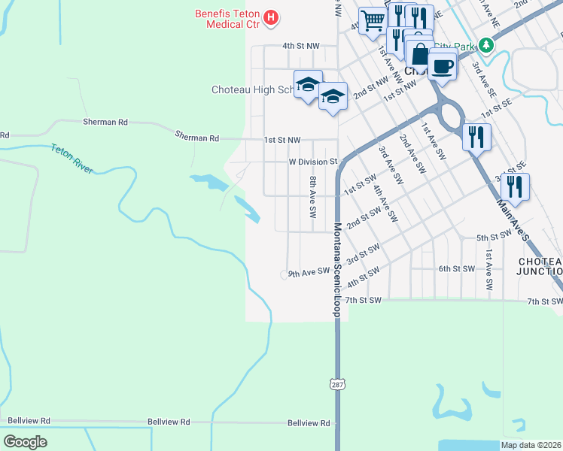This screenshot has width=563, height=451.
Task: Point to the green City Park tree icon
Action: click(487, 47)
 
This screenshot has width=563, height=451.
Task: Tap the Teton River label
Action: click(72, 159)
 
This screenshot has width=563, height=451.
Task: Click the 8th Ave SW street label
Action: click(312, 196)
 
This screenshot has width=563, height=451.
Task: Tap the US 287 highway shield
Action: click(336, 384)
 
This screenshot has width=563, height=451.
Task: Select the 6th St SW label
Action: click(456, 268)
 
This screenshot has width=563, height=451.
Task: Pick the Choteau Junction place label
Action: click(540, 266)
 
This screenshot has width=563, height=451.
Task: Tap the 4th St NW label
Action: click(301, 46)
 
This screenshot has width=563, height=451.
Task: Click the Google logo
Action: click(25, 442)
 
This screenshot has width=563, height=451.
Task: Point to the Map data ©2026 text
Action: click(531, 445)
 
